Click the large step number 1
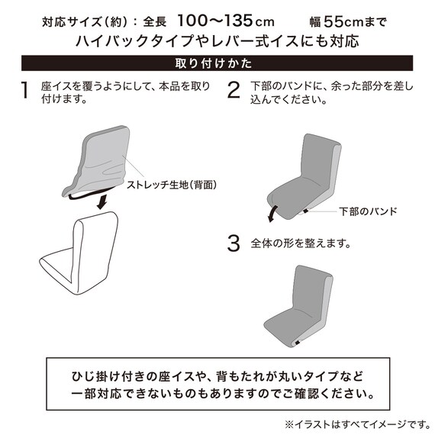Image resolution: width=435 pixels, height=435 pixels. pyautogui.click(x=24, y=90)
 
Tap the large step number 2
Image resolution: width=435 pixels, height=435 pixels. pyautogui.click(x=234, y=90)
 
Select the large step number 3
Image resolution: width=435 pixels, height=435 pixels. pyautogui.click(x=234, y=243)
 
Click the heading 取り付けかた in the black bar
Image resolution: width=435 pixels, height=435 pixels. pyautogui.click(x=214, y=63)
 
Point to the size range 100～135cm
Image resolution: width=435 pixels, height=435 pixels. pyautogui.click(x=226, y=21)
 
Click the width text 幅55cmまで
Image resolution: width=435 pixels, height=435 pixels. pyautogui.click(x=348, y=21)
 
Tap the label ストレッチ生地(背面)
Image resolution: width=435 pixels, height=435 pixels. pyautogui.click(x=172, y=185)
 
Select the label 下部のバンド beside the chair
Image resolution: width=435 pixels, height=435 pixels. pyautogui.click(x=368, y=211)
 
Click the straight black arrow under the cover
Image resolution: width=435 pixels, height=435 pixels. pyautogui.click(x=101, y=202)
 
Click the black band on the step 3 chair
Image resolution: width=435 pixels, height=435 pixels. pyautogui.click(x=298, y=343)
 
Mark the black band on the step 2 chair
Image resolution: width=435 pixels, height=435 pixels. pyautogui.click(x=305, y=211)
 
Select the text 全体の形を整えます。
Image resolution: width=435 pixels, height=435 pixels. pyautogui.click(x=301, y=243)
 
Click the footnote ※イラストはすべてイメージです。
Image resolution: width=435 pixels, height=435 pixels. pyautogui.click(x=358, y=424)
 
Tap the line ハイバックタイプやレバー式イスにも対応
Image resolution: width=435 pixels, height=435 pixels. pyautogui.click(x=217, y=41)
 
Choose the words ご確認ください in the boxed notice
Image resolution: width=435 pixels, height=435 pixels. pyautogui.click(x=328, y=394)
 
